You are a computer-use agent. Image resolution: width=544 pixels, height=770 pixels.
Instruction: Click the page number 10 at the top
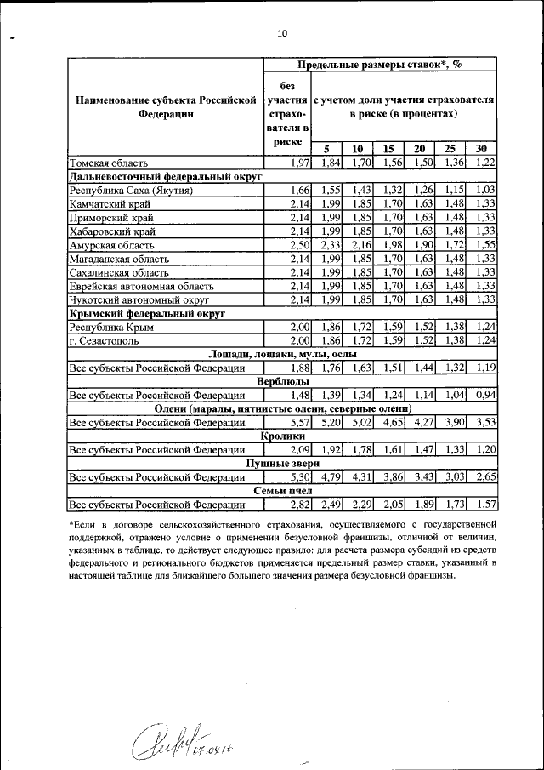coord(282,33)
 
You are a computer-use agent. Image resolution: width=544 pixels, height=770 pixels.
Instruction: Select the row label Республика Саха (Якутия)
coord(131,191)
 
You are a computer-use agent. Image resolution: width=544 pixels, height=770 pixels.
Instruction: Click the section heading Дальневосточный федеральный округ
coord(165,177)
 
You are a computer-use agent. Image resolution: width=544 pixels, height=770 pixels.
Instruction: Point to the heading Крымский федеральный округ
coord(146,313)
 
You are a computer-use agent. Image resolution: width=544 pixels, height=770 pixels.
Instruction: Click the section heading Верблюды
coord(282,382)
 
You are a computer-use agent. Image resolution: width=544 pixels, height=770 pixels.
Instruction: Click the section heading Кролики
coord(282,436)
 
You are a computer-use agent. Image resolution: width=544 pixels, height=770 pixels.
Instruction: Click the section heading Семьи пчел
coord(282,491)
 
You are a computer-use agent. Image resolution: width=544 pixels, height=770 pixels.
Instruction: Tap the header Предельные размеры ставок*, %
coord(379,65)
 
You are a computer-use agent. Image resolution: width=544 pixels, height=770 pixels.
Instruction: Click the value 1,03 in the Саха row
coord(484,191)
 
